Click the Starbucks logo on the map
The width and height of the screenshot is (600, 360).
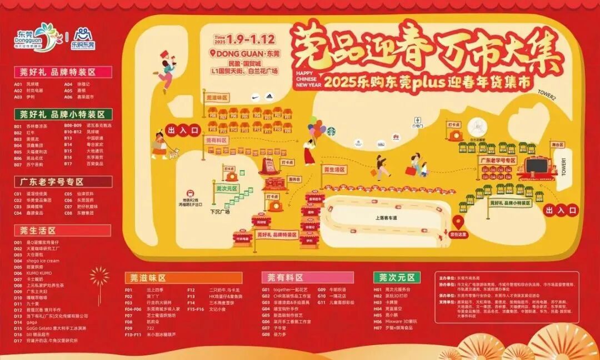(x=332, y=131)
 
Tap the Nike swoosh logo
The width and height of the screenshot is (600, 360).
(x=255, y=97)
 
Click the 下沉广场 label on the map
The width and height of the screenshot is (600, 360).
(x=220, y=212)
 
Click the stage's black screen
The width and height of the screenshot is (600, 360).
(x=537, y=166)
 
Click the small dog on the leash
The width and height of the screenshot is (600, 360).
(x=177, y=155)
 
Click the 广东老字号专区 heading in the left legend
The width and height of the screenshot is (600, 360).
(x=51, y=182)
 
